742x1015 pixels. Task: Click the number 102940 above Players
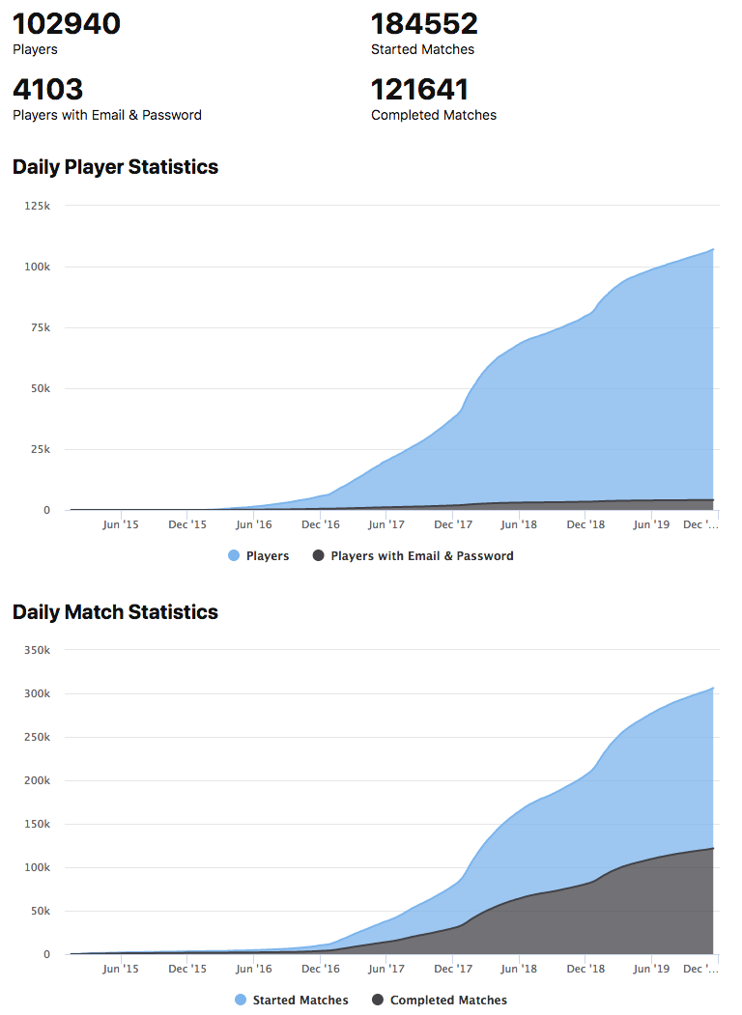click(67, 24)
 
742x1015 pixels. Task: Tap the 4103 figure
click(48, 89)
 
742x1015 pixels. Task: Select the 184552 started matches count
click(424, 24)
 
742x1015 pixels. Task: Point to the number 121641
click(419, 89)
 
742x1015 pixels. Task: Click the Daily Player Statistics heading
click(115, 167)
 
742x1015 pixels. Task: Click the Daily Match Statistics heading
click(115, 612)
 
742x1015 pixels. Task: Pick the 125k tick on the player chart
click(37, 206)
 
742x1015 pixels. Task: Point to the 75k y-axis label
click(41, 327)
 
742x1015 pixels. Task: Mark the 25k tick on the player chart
click(41, 449)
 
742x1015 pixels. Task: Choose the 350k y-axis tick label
click(37, 650)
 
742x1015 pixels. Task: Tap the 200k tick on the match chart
click(37, 780)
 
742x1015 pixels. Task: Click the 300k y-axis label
click(37, 693)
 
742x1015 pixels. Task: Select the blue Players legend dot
click(234, 555)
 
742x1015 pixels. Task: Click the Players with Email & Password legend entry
click(414, 555)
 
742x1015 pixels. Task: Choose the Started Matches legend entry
click(292, 1001)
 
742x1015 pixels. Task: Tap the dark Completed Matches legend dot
click(378, 1001)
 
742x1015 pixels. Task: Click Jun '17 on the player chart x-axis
click(386, 524)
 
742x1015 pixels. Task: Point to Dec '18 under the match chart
click(585, 969)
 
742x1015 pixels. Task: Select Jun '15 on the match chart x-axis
click(121, 969)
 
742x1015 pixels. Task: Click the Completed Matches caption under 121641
click(434, 115)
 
